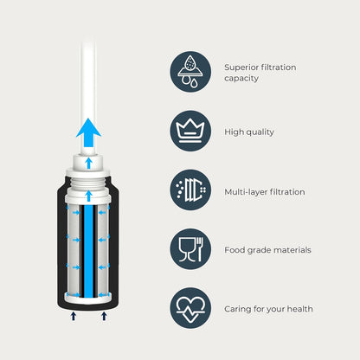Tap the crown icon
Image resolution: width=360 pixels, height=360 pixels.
coord(190,131)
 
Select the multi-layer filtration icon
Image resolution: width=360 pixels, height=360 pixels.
coord(190,190)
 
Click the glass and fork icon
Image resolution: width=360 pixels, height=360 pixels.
coord(190,249)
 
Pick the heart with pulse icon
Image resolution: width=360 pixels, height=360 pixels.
coord(190,308)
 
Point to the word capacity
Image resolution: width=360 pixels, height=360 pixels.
coord(243,79)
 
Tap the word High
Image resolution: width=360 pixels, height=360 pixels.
coord(234,132)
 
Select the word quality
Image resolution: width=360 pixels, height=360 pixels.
coord(261,132)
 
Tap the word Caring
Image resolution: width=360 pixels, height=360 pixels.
coord(239,309)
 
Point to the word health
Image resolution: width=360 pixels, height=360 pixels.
coord(297,309)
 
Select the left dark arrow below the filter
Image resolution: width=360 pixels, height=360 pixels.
coord(74,317)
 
